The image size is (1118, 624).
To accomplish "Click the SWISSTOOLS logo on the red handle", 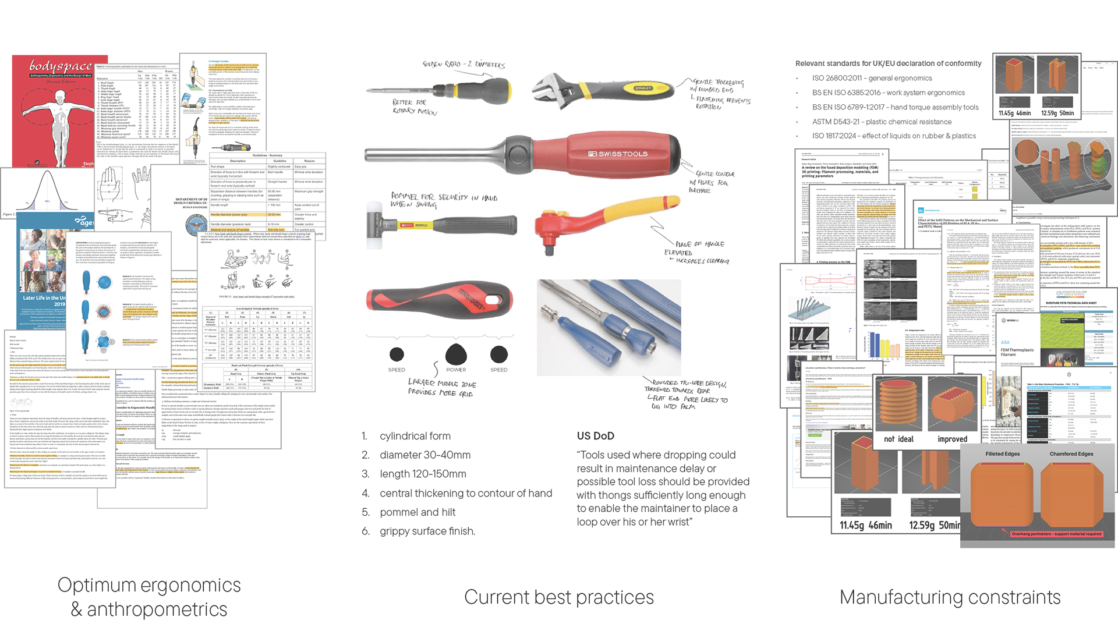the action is click(x=618, y=154).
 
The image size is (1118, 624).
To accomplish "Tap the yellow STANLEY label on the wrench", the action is click(x=643, y=88).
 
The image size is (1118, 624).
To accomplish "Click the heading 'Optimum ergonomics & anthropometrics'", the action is click(x=149, y=597).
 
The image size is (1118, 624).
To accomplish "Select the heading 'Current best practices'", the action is click(x=558, y=597).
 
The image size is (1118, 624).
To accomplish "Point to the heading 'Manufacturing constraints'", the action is click(x=950, y=597).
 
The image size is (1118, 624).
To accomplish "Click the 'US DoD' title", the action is click(x=595, y=436).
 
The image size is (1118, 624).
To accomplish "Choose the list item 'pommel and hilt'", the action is click(x=417, y=512).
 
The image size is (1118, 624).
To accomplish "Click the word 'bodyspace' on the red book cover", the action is click(x=61, y=66).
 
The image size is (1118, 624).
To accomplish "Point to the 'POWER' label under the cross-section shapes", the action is click(x=456, y=370).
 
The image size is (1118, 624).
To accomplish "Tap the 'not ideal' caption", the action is click(x=898, y=439).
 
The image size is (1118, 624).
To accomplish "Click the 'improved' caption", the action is click(x=952, y=439).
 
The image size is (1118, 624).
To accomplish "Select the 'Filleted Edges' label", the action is click(x=1002, y=454).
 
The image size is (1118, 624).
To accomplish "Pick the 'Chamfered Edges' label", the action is click(x=1071, y=454).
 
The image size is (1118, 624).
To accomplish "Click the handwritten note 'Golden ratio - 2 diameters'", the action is click(x=464, y=64).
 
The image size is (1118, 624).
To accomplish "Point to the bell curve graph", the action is click(x=47, y=192).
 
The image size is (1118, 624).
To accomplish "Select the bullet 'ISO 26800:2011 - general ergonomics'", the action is click(x=872, y=78).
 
